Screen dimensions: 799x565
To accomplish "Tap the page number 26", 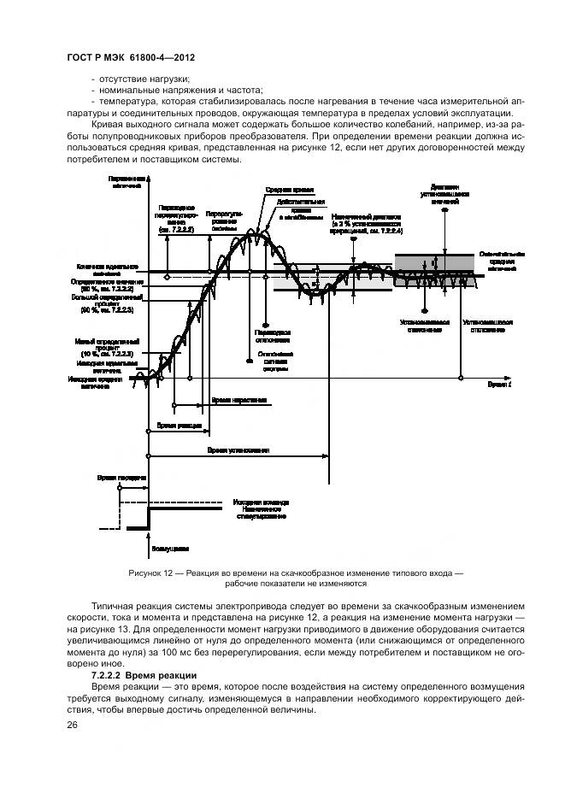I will click(x=71, y=725).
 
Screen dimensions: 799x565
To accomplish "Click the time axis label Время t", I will click(x=500, y=385).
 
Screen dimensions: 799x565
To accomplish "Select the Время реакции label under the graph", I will click(x=175, y=425).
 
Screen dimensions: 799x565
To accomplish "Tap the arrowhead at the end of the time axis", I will click(x=509, y=377).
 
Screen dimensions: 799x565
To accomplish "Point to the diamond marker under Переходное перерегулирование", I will click(x=168, y=276).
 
